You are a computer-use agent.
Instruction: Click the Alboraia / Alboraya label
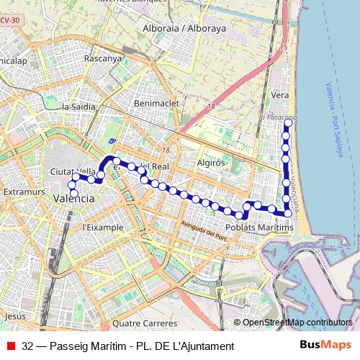click(184, 29)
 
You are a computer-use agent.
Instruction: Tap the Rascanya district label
click(103, 58)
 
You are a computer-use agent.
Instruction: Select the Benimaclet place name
click(156, 104)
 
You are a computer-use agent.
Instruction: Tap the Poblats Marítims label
click(260, 228)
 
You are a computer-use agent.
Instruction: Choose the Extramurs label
click(24, 193)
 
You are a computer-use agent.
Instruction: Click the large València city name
click(74, 198)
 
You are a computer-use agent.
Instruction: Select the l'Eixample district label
click(103, 228)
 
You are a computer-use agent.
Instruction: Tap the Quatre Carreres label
click(145, 323)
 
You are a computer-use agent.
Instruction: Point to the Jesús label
click(14, 316)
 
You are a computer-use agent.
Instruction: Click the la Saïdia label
click(79, 107)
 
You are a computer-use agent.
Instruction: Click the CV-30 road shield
click(9, 20)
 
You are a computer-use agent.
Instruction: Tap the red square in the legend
click(11, 346)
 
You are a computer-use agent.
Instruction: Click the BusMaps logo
click(325, 346)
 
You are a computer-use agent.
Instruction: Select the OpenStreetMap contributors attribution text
click(297, 323)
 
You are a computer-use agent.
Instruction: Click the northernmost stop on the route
click(287, 123)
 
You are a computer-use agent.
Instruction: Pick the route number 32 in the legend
click(27, 346)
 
